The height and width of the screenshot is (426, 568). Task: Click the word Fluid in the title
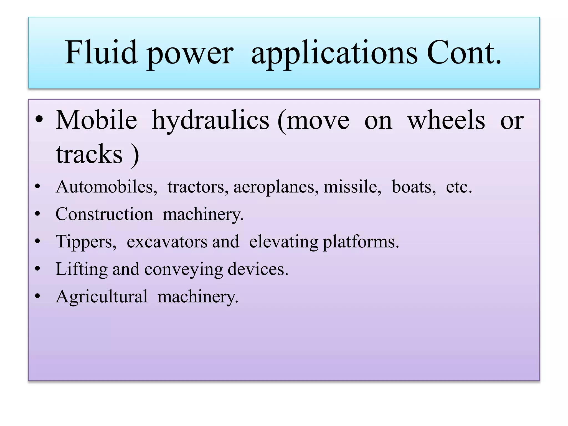[101, 52]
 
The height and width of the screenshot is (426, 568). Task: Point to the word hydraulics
[211, 121]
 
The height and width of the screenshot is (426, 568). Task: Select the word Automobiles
[106, 187]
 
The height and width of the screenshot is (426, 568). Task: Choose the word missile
[352, 187]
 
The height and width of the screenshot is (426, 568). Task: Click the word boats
[414, 187]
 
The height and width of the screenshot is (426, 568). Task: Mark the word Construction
[104, 214]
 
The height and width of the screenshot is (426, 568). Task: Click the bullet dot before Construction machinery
[38, 214]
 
